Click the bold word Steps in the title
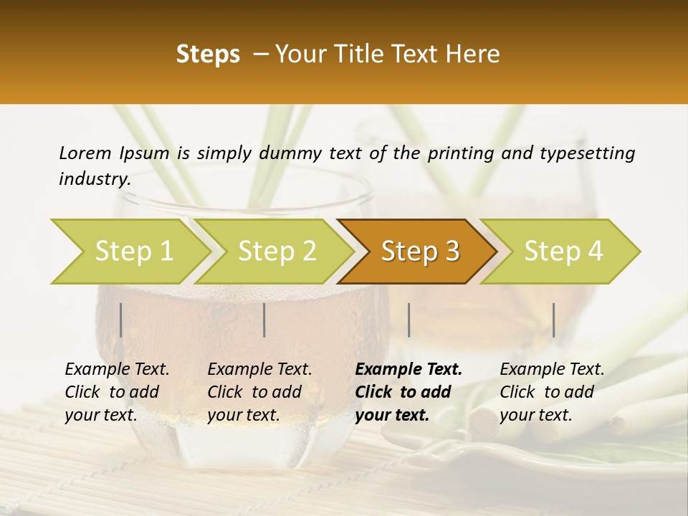208,54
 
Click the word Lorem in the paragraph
85,153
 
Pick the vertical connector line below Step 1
121,320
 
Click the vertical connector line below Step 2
264,320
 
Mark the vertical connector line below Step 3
408,320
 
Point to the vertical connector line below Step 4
553,320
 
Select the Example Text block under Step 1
117,392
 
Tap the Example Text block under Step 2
259,392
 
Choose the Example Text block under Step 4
552,392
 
